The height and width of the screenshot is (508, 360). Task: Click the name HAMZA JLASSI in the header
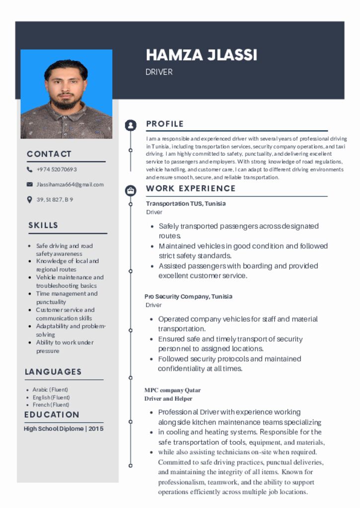(x=201, y=55)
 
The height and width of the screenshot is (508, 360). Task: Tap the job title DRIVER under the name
(x=159, y=72)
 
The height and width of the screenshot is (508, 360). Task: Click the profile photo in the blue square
(x=66, y=94)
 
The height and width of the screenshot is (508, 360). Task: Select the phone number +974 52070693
(x=56, y=170)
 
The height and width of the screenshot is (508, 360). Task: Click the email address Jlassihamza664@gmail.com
(x=70, y=185)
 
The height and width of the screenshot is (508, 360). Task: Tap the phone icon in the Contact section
(x=29, y=170)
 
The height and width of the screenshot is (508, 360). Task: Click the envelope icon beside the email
(x=29, y=185)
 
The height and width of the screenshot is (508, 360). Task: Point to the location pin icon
(x=29, y=200)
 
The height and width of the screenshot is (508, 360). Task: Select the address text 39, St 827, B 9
(x=55, y=200)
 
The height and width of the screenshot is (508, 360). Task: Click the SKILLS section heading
(x=43, y=226)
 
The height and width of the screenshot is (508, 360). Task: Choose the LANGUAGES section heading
(x=53, y=372)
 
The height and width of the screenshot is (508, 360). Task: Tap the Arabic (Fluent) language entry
(x=50, y=390)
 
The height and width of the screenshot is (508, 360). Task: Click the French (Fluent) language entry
(x=50, y=405)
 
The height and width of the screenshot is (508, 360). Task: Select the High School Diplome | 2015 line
(x=64, y=429)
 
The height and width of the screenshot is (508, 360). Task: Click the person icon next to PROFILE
(x=131, y=125)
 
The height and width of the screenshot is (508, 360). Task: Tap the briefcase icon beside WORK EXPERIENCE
(x=131, y=190)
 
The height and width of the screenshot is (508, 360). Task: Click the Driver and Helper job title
(x=168, y=399)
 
